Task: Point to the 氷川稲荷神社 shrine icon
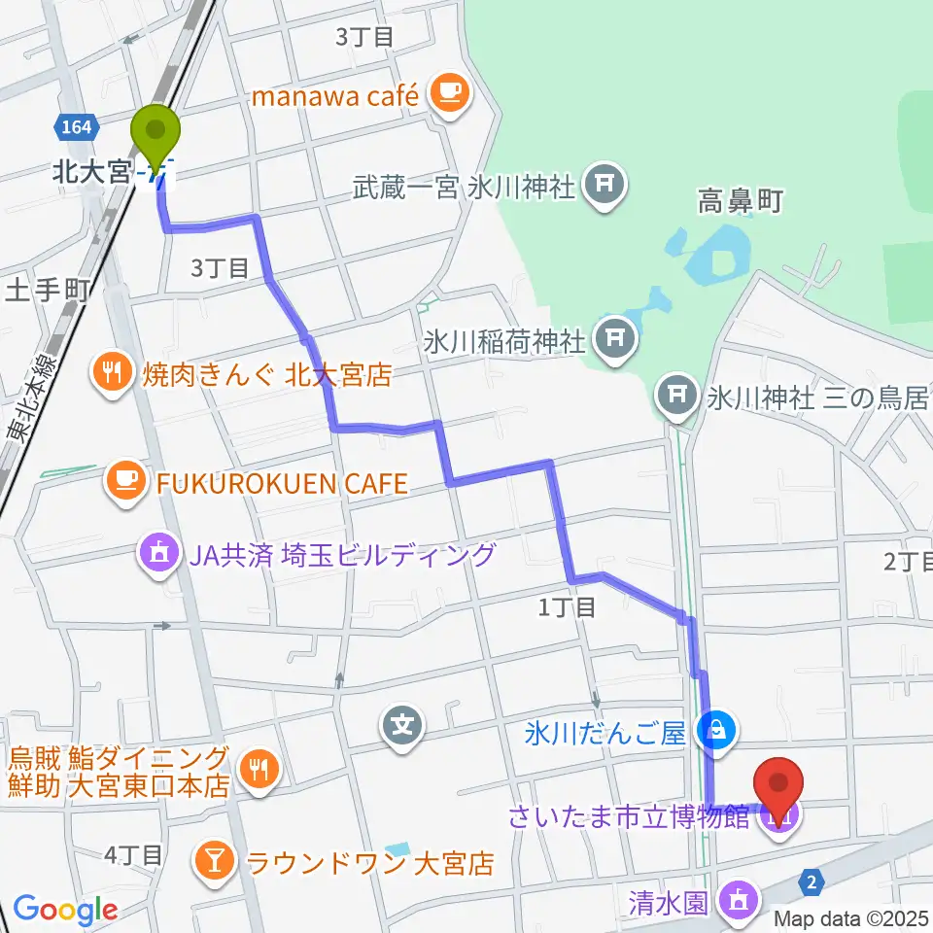point(613,339)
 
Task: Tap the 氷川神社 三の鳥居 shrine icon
point(677,396)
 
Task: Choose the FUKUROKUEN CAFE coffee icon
point(125,477)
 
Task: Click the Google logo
point(64,910)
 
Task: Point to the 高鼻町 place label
point(740,202)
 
